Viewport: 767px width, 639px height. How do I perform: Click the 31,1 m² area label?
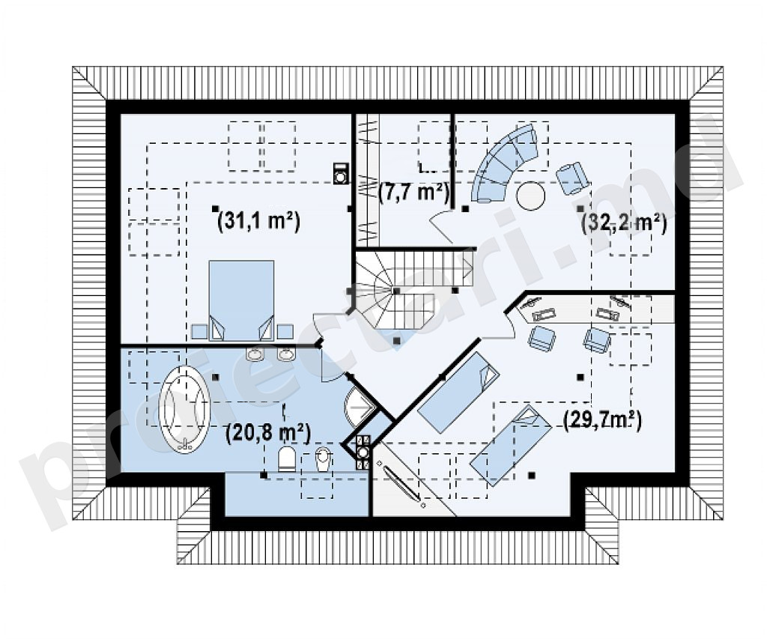(x=258, y=221)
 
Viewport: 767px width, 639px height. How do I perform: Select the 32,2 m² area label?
(x=624, y=223)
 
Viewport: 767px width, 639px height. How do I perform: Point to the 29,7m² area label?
(x=602, y=420)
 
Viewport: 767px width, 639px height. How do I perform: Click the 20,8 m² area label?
(x=269, y=432)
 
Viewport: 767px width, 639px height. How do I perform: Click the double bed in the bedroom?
(x=241, y=300)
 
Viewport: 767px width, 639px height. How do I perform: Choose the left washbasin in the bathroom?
(x=255, y=354)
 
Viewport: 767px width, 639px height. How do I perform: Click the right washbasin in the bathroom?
(x=287, y=354)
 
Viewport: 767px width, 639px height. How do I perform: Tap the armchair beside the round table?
(x=572, y=177)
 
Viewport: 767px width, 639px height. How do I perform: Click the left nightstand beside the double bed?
(x=198, y=332)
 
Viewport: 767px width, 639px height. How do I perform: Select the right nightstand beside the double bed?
(x=285, y=332)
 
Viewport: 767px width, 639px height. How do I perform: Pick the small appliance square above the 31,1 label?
(x=341, y=173)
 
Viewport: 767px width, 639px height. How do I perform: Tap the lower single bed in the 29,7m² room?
(x=510, y=445)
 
